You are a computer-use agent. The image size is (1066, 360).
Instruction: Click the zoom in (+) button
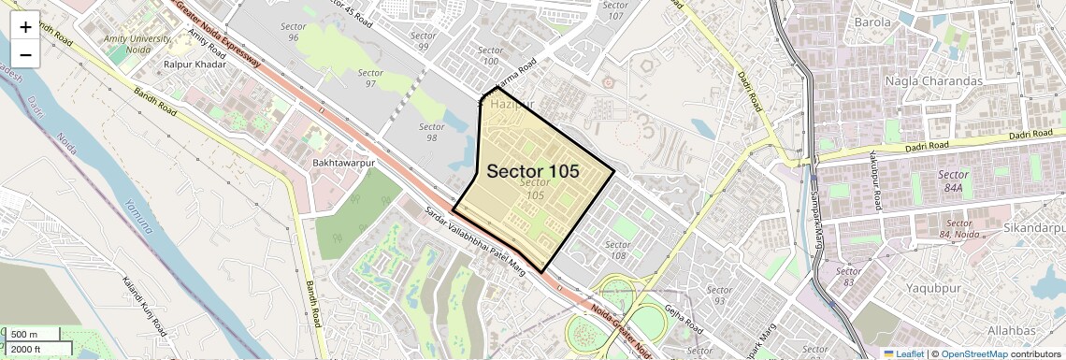pyautogui.click(x=25, y=27)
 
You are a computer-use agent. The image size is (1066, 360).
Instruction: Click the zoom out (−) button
pyautogui.click(x=25, y=55)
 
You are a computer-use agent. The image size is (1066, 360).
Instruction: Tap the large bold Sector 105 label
pyautogui.click(x=532, y=172)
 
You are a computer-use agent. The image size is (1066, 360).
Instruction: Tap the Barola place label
pyautogui.click(x=872, y=22)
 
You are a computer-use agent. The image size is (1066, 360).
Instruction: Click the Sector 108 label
pyautogui.click(x=617, y=250)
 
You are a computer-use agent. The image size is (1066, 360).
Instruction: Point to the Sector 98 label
pyautogui.click(x=430, y=132)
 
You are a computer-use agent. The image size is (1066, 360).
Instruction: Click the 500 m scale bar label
pyautogui.click(x=24, y=334)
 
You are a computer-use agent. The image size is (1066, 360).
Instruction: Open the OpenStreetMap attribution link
pyautogui.click(x=973, y=353)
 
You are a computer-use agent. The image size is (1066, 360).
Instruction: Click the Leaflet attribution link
pyautogui.click(x=904, y=353)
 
